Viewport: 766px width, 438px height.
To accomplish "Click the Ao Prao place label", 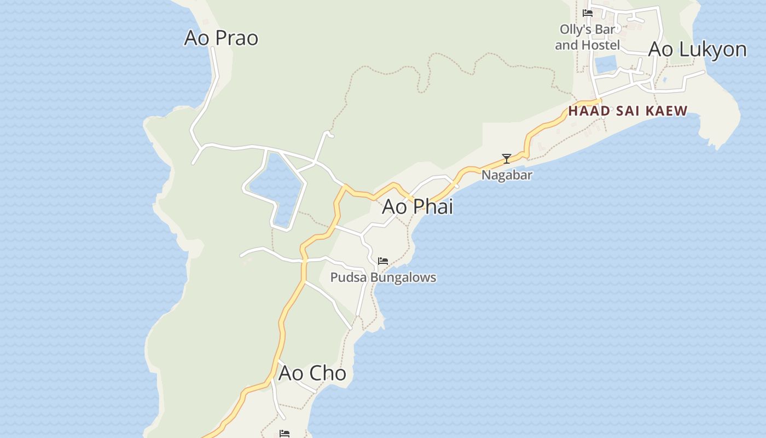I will (x=221, y=38).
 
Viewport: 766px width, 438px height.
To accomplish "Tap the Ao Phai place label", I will (x=417, y=206).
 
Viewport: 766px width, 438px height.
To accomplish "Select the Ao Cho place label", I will (x=312, y=373).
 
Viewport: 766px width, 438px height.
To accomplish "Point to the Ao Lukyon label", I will (x=697, y=49).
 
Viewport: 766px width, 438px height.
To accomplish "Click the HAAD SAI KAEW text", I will (x=628, y=111).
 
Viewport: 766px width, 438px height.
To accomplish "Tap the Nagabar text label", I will (x=507, y=175).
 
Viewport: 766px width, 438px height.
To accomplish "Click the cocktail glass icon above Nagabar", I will (x=507, y=159).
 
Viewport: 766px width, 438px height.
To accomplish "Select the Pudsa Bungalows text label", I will (x=383, y=277).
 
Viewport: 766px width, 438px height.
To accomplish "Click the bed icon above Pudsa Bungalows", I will (x=383, y=261).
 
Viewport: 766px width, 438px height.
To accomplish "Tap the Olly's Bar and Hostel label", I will (x=588, y=37).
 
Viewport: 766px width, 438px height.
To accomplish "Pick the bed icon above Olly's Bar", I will (x=588, y=13).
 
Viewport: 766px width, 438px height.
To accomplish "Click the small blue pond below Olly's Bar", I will (x=605, y=64).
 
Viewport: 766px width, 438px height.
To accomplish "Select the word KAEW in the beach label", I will (x=667, y=111).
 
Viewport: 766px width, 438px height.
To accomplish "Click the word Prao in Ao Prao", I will (x=236, y=38).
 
